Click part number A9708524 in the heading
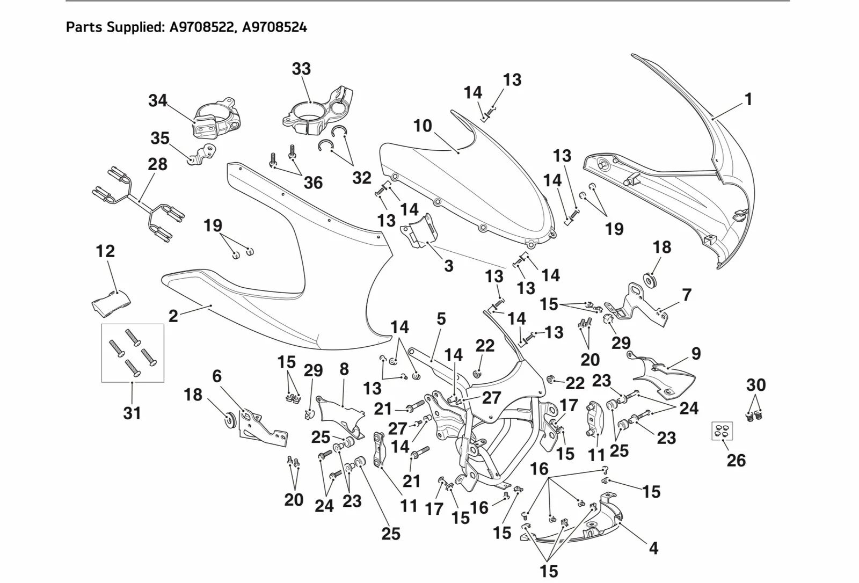coord(275,27)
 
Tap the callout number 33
coord(301,69)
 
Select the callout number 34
coord(158,100)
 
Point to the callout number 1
coord(748,99)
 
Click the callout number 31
coord(132,413)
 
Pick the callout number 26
coord(736,460)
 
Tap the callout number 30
coord(756,385)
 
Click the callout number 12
coord(105,251)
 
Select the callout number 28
coord(157,164)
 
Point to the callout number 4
coord(653,548)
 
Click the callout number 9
coord(696,354)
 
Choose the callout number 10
coord(423,126)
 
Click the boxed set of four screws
coord(133,353)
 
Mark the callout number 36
coord(313,183)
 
